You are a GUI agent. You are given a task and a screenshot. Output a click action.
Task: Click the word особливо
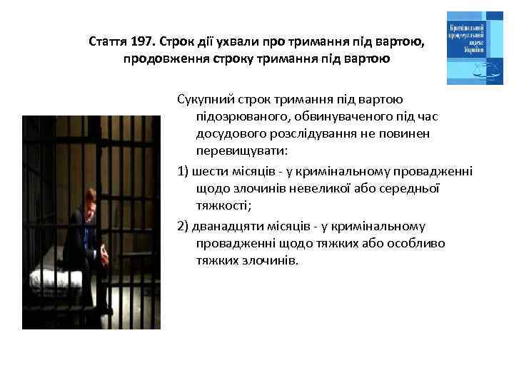point(415,243)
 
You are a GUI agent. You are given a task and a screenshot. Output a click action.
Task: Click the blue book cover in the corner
point(474,48)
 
